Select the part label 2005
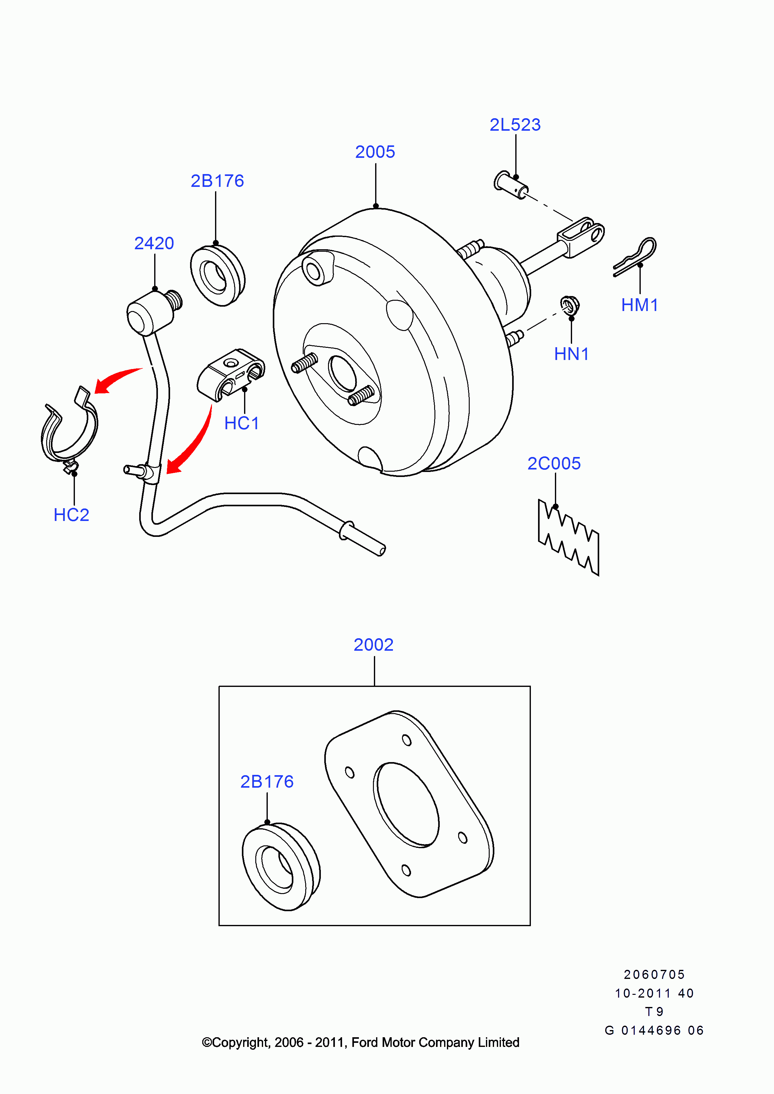click(375, 152)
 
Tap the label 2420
click(154, 244)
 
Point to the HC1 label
click(242, 423)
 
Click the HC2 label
click(71, 515)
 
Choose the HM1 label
click(639, 305)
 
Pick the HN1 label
click(571, 354)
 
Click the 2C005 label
click(554, 464)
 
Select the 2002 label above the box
click(374, 645)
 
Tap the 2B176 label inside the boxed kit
click(267, 782)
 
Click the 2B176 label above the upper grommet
click(217, 181)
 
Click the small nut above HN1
click(570, 305)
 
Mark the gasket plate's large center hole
click(406, 805)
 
